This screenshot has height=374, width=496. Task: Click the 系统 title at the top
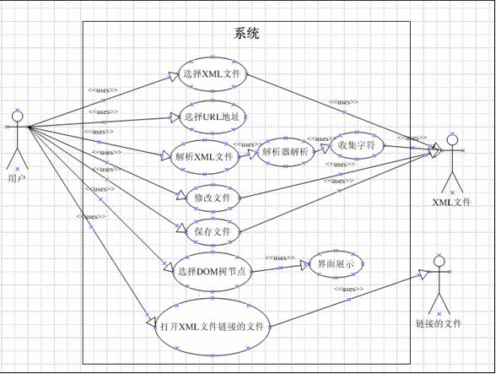(x=246, y=33)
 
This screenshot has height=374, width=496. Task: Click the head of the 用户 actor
(x=18, y=117)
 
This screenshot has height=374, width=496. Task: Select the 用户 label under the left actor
(x=17, y=179)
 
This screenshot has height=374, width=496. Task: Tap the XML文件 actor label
(x=452, y=203)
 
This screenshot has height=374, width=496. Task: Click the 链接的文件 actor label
(x=439, y=323)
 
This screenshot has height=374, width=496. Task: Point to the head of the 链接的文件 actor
(x=439, y=261)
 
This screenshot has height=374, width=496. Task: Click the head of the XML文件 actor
(x=452, y=140)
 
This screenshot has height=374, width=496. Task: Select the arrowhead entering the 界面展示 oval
(x=305, y=265)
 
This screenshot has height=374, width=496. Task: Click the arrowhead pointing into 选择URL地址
(x=175, y=117)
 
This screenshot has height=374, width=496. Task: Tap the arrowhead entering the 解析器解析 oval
(x=252, y=154)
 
